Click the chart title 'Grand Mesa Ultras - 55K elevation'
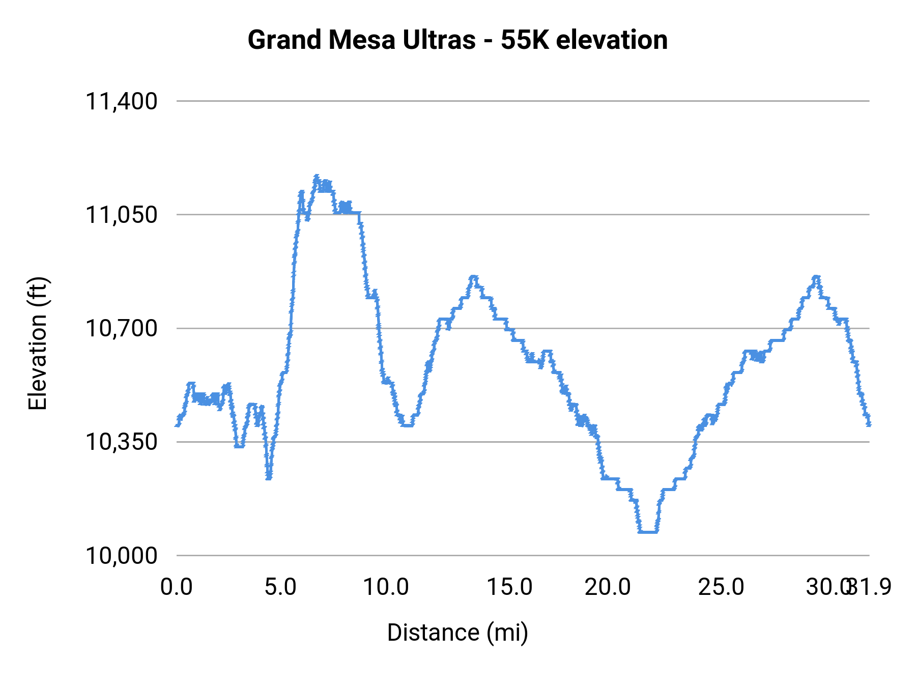pyautogui.click(x=457, y=40)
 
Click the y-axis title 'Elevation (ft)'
pyautogui.click(x=38, y=343)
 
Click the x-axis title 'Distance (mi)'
pyautogui.click(x=457, y=633)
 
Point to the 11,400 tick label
pyautogui.click(x=121, y=101)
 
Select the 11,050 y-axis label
pyautogui.click(x=121, y=215)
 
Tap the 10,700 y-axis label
pyautogui.click(x=121, y=328)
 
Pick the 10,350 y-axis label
pyautogui.click(x=121, y=442)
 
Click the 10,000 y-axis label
pyautogui.click(x=121, y=555)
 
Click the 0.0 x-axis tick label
pyautogui.click(x=177, y=587)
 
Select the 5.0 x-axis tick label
pyautogui.click(x=280, y=587)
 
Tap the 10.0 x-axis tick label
pyautogui.click(x=386, y=587)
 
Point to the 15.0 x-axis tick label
pyautogui.click(x=509, y=587)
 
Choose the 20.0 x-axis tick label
pyautogui.click(x=608, y=587)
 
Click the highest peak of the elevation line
pyautogui.click(x=317, y=177)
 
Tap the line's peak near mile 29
pyautogui.click(x=816, y=277)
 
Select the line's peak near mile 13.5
pyautogui.click(x=474, y=277)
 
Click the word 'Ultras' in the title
pyautogui.click(x=439, y=40)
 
